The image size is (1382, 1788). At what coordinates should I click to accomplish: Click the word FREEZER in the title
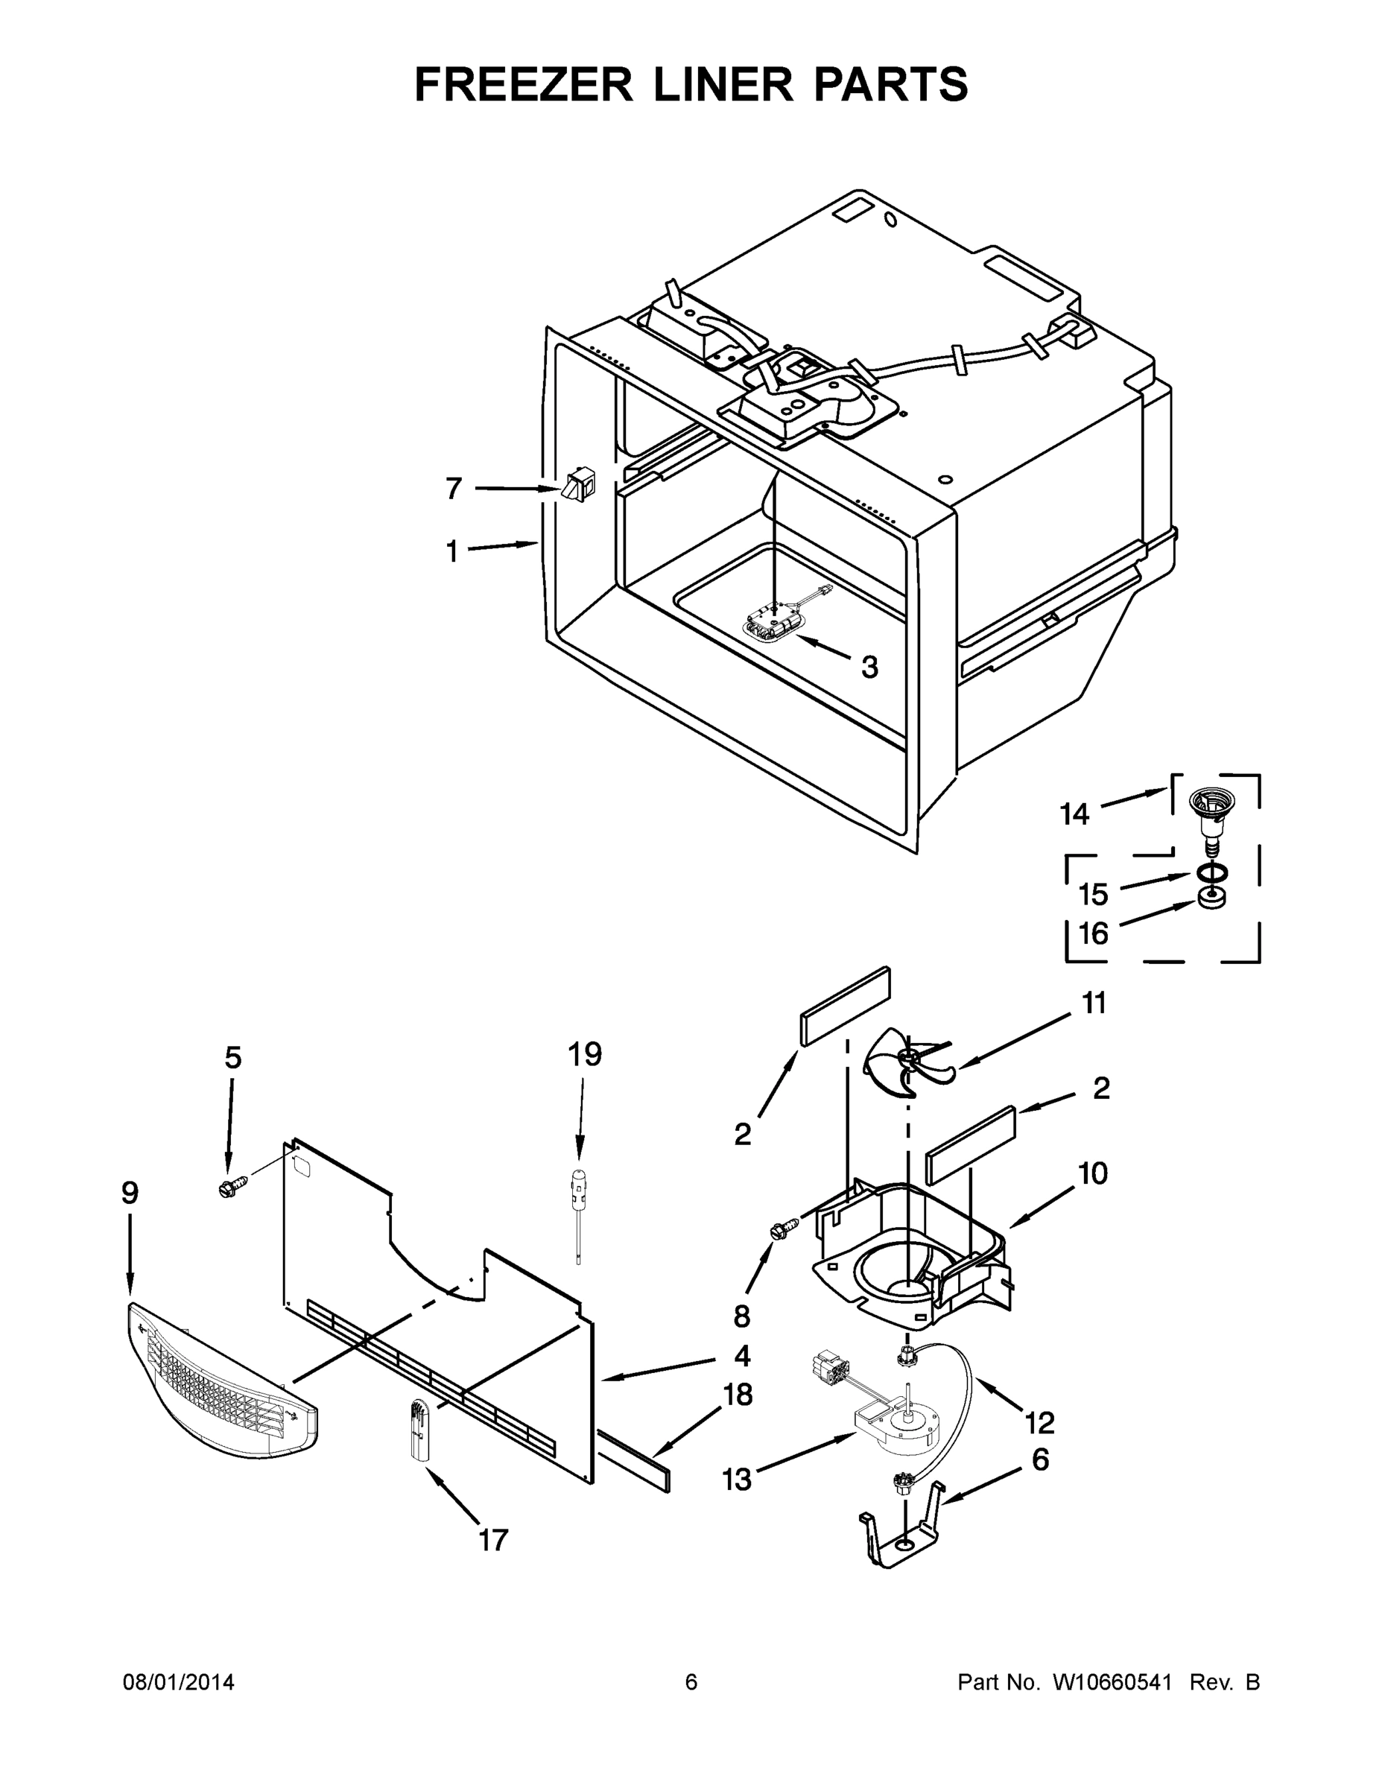point(524,84)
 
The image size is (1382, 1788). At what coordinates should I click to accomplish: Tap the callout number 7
point(454,489)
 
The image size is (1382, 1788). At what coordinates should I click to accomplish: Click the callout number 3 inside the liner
point(869,668)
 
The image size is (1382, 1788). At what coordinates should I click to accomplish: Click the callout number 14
point(1074,814)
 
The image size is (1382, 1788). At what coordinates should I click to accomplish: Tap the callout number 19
point(585,1053)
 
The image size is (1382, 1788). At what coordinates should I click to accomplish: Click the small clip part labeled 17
point(421,1430)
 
